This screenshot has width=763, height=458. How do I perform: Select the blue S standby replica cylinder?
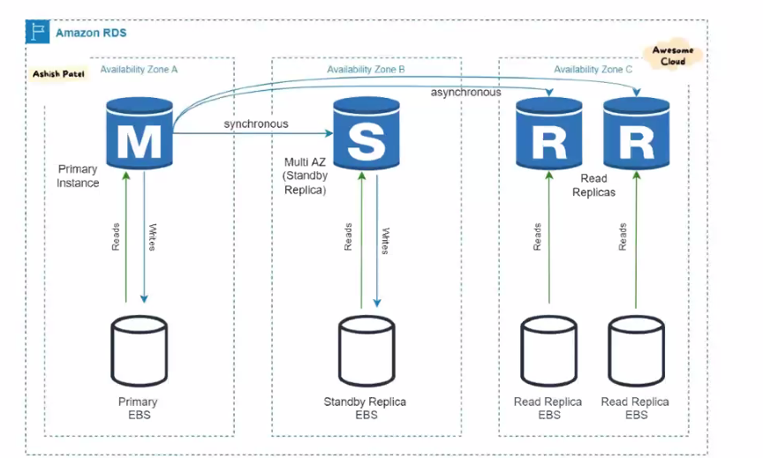365,135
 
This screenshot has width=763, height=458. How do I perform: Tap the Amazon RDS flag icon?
36,34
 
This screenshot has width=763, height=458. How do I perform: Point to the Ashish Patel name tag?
57,74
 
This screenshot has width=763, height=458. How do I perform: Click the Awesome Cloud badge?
673,56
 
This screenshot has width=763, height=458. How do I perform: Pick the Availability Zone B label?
366,69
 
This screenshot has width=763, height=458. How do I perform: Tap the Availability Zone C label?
593,69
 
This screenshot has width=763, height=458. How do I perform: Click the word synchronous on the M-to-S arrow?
255,124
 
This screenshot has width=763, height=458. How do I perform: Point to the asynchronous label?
465,92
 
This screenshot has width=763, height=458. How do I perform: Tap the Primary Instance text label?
78,176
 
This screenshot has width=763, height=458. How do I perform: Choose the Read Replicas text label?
593,185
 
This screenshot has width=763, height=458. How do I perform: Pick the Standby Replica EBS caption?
365,409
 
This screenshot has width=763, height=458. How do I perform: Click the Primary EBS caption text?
138,409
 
